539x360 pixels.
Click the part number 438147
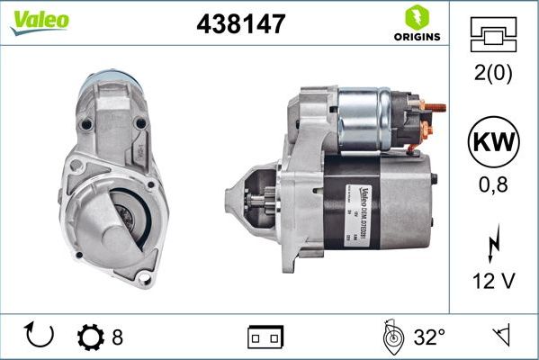pos(240,24)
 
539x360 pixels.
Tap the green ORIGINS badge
pos(415,23)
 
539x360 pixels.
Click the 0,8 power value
pos(494,186)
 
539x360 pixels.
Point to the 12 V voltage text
pos(494,282)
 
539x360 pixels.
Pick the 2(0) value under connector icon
pos(493,72)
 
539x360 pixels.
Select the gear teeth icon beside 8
pos(91,337)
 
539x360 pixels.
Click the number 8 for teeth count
pos(117,337)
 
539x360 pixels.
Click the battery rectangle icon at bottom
pos(265,337)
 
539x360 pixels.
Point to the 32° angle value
pos(429,337)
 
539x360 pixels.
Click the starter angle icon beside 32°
pos(393,337)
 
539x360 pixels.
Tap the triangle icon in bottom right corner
pos(499,337)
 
